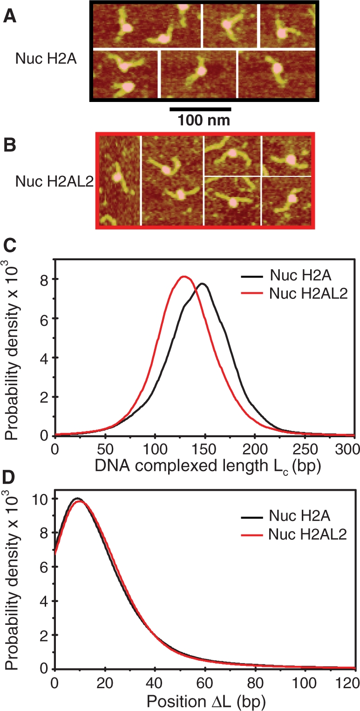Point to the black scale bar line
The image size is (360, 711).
coord(200,110)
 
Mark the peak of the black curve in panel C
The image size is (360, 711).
coord(203,284)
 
